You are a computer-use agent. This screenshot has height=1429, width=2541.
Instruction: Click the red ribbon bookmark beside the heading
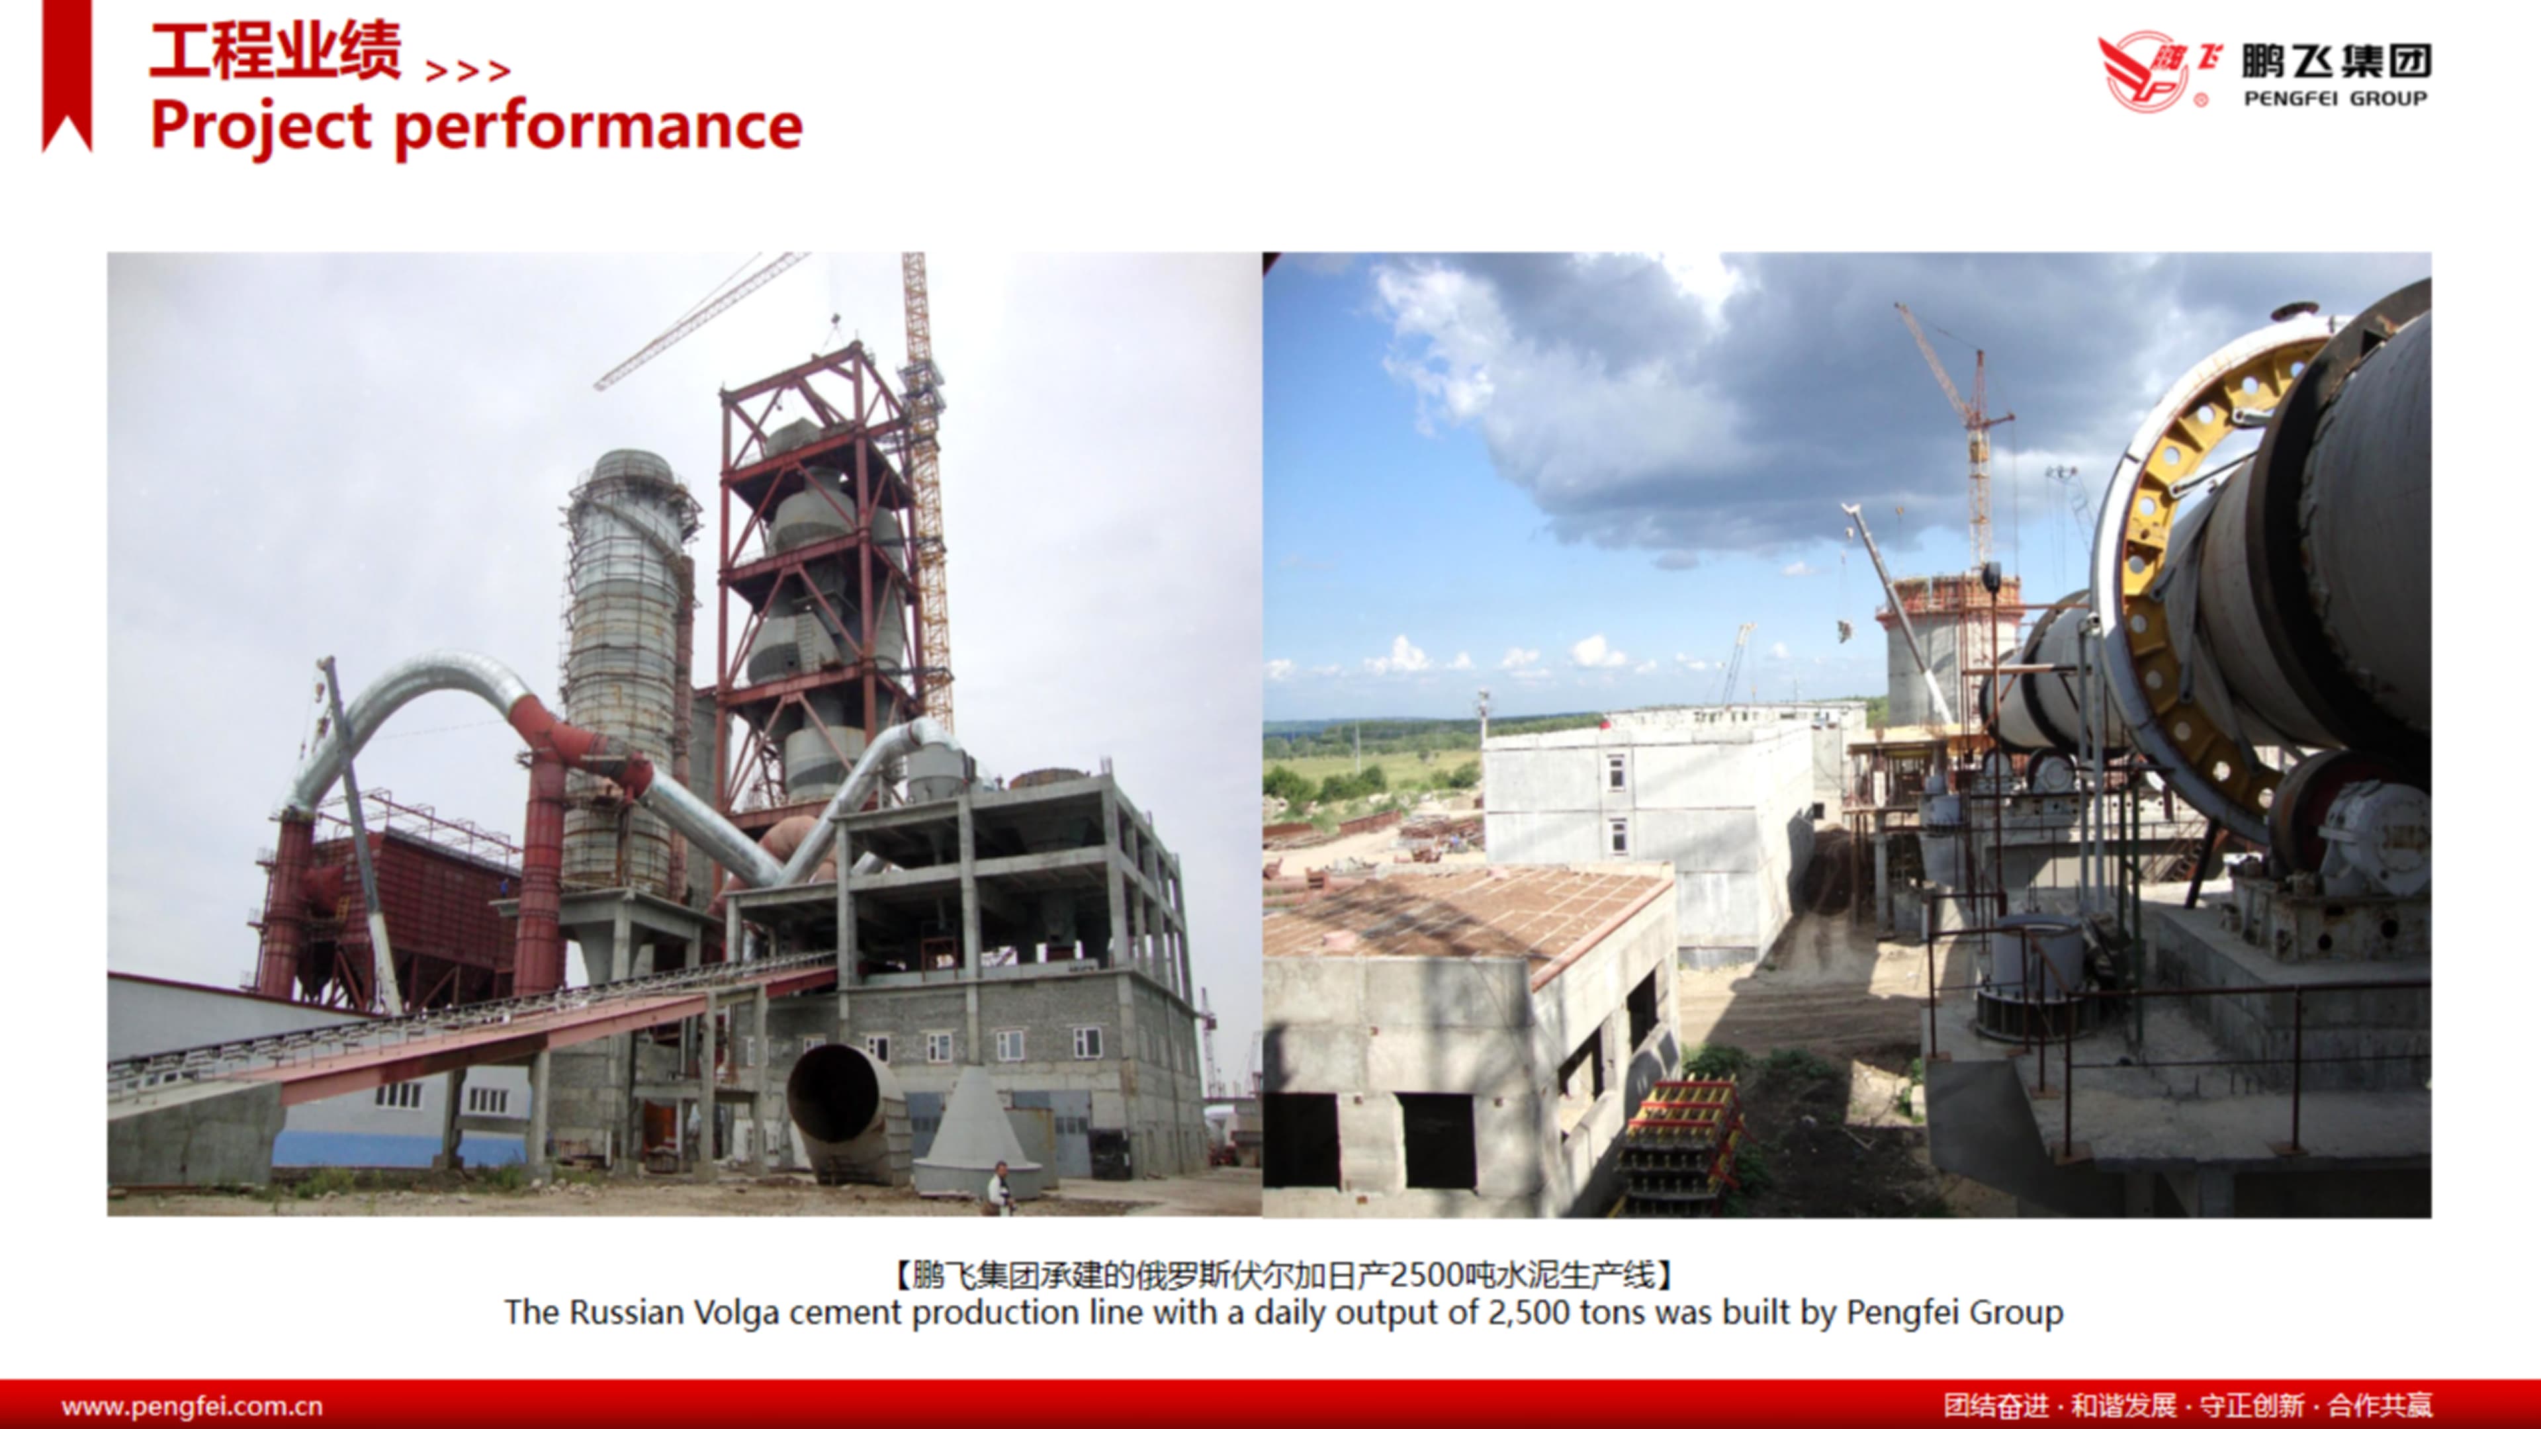[x=67, y=76]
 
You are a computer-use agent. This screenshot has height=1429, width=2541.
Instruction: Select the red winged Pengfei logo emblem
[x=2157, y=71]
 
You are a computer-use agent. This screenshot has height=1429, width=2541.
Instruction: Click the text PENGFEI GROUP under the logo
[x=2335, y=99]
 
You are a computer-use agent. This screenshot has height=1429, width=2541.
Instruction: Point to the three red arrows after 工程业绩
[x=468, y=71]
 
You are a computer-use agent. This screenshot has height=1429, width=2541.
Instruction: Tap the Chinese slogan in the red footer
[x=2188, y=1405]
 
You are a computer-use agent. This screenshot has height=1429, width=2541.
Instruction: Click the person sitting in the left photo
[x=999, y=1188]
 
